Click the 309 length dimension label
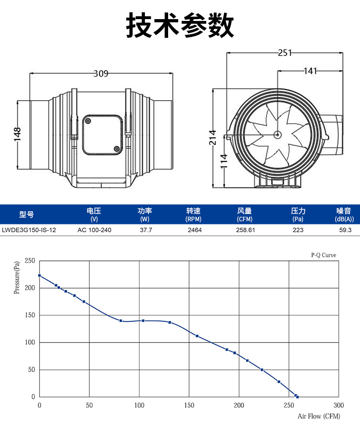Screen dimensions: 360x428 coord(101,73)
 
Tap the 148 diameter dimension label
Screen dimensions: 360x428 coord(17,134)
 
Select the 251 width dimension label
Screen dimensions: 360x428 coord(285,52)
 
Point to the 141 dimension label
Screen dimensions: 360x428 coord(310,71)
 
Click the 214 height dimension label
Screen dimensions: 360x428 coord(213,138)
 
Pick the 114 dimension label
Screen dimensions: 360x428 coord(224,161)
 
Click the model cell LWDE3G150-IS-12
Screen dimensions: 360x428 coord(29,230)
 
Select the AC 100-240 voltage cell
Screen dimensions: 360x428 coord(94,230)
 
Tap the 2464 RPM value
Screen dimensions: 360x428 coord(195,230)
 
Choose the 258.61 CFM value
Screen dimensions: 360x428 coord(246,230)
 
